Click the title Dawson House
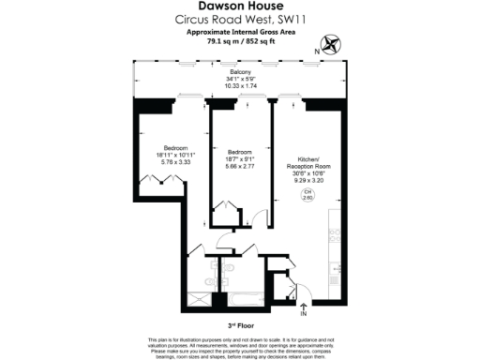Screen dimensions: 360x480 239,7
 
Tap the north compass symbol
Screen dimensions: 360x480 330,42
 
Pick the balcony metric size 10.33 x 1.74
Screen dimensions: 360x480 239,85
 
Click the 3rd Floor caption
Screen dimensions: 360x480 239,323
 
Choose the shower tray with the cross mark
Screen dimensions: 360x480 200,299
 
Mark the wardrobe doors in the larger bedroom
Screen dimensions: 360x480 150,180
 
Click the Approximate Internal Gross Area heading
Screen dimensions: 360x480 239,31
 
